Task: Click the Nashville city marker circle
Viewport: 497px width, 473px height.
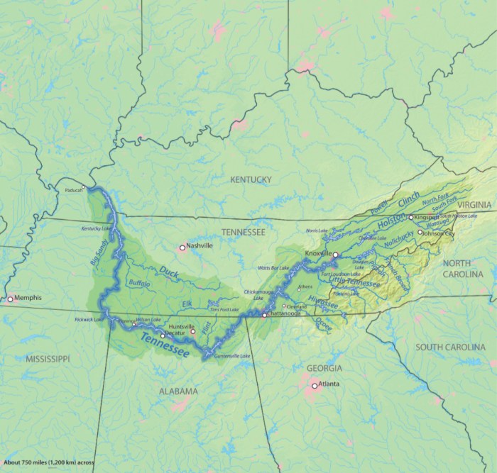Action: (x=182, y=247)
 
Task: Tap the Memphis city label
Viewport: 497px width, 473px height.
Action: (x=28, y=299)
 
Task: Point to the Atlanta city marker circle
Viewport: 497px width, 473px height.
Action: (x=315, y=386)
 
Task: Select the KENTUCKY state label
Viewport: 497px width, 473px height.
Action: (x=251, y=180)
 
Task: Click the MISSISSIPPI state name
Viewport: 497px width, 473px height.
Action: (x=48, y=360)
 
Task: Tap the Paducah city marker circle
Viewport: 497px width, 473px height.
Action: (x=84, y=187)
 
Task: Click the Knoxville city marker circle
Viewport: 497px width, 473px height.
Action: (x=336, y=253)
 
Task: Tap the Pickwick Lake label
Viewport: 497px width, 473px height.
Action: (x=89, y=320)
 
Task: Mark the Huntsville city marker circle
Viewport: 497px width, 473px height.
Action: (x=192, y=331)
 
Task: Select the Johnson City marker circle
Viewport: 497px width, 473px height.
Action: (x=420, y=232)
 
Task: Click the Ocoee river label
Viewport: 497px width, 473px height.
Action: (x=323, y=324)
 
